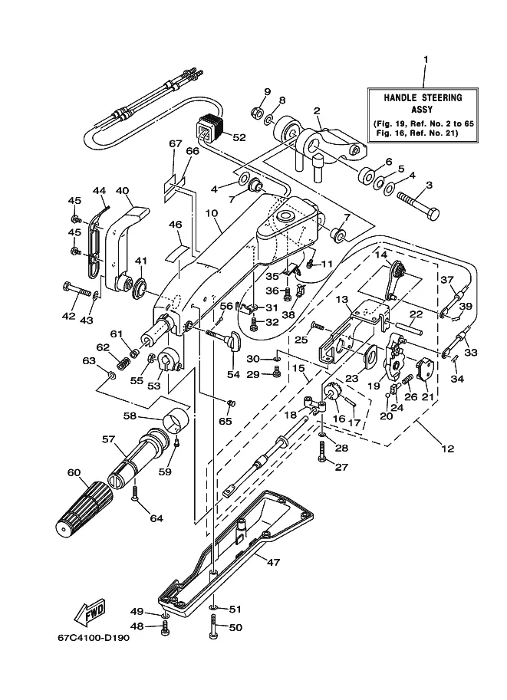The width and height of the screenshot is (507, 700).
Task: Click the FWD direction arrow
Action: (x=91, y=611)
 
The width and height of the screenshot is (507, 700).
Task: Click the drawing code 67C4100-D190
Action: (x=94, y=637)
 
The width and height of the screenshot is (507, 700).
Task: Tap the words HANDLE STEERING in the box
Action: (x=423, y=98)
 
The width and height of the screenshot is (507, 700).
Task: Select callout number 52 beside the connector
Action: (x=239, y=137)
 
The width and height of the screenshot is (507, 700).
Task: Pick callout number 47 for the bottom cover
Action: (x=273, y=561)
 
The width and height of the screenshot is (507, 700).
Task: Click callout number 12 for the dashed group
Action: (x=447, y=449)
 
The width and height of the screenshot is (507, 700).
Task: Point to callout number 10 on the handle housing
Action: (x=212, y=213)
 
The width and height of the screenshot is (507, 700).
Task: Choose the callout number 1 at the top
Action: (x=426, y=59)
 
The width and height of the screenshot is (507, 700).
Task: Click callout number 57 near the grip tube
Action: (x=109, y=440)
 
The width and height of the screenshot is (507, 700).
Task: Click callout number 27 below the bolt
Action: (x=341, y=467)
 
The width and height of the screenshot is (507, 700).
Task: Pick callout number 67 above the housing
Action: (x=176, y=143)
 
